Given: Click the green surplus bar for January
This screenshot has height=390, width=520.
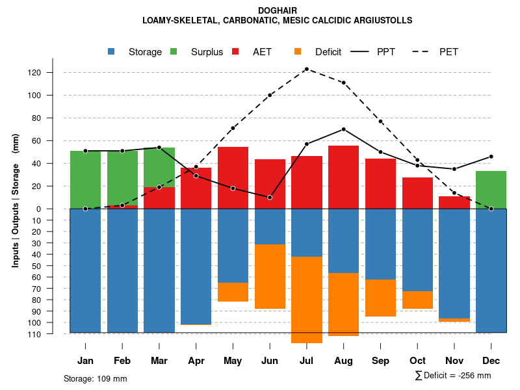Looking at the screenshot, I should tap(85, 179).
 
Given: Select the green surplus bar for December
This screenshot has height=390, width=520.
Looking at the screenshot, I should tap(491, 190).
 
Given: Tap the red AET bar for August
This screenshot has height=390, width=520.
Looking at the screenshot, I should tap(343, 177).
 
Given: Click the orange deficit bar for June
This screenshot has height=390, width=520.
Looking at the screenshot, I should tap(270, 276).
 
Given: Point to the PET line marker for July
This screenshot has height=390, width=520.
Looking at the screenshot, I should tap(307, 69).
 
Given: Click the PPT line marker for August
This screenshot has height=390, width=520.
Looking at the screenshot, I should tap(343, 129).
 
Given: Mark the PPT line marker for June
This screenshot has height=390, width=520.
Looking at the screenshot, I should tap(270, 197).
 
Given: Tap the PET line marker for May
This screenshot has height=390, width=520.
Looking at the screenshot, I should tap(233, 128).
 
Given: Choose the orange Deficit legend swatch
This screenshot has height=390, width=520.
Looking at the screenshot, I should tap(298, 52).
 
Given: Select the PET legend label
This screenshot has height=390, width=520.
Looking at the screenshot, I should tap(448, 52).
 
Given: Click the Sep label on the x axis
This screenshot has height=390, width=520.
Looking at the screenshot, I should tap(380, 361).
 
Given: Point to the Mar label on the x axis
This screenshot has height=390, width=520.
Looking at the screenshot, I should tap(159, 361).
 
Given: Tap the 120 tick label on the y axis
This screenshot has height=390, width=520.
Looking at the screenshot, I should tap(53, 73).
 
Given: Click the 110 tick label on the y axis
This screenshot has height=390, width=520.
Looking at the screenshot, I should tap(53, 334).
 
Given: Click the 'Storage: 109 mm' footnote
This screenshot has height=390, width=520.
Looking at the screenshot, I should tap(95, 378).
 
